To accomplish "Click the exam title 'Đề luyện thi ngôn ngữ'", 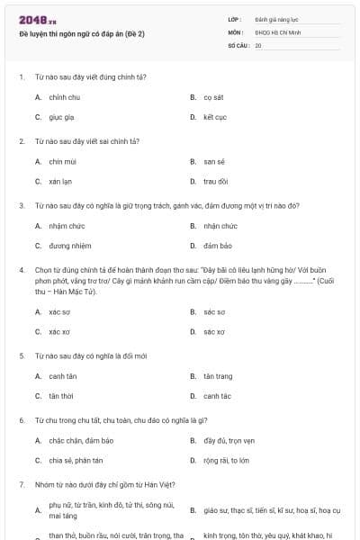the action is [81, 33].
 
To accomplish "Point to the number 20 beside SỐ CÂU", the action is [258, 44].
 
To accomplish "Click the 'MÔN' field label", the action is [235, 31].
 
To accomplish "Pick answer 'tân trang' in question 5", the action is [218, 375].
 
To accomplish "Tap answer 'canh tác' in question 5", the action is [217, 395].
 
